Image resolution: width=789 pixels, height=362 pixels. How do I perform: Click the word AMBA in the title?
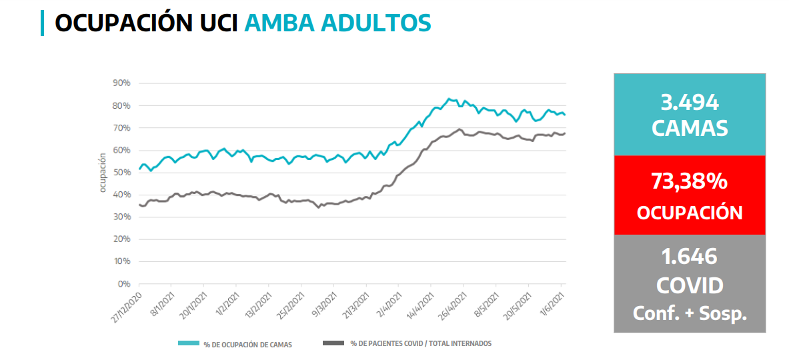(x=279, y=22)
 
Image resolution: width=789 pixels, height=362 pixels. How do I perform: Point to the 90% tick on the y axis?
(x=121, y=83)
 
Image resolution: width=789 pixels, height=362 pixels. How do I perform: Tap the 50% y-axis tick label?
(x=121, y=173)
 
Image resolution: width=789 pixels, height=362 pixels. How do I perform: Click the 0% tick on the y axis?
(x=123, y=284)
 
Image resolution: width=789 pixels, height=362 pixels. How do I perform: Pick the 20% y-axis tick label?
(x=121, y=239)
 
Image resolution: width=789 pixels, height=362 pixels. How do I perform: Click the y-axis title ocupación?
(x=103, y=173)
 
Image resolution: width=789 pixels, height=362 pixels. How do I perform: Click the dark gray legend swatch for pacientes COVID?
(x=333, y=343)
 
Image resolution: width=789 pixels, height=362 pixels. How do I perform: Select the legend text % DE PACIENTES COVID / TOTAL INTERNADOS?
(x=421, y=343)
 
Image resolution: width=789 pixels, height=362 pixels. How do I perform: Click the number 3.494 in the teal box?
(x=690, y=103)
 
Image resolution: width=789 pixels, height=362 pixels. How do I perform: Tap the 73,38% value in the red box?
(x=690, y=181)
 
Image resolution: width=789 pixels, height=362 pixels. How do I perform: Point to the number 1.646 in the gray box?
(x=690, y=256)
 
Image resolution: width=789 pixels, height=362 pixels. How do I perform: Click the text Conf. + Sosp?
(x=690, y=313)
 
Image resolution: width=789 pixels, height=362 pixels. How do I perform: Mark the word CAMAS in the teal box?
(x=690, y=128)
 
